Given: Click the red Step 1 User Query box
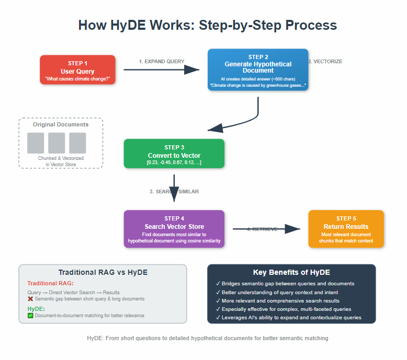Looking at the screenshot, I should [77, 69].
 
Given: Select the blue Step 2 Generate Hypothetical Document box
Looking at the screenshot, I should [258, 69].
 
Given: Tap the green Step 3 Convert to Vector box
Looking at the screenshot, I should [174, 154].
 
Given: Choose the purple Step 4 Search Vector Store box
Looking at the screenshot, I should [174, 229].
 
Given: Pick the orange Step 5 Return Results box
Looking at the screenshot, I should [346, 229].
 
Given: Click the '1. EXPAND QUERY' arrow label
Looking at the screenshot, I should [162, 62].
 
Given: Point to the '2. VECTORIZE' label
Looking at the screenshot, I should [325, 62].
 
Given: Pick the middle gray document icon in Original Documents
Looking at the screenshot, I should [56, 143].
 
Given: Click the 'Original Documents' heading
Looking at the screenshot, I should [61, 124].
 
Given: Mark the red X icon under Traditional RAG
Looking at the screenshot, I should [30, 299].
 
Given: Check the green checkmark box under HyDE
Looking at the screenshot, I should [30, 316].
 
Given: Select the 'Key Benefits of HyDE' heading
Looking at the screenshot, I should [291, 272].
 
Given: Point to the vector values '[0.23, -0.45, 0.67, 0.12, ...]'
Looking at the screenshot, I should [174, 163].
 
